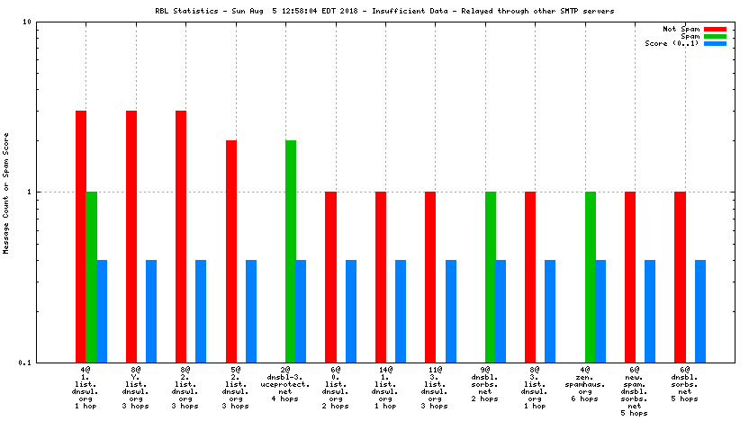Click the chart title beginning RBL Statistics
(374, 12)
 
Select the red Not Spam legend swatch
(715, 29)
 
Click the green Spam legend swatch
(715, 36)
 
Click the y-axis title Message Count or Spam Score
(6, 192)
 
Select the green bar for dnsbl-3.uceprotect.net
(291, 251)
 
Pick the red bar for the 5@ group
(231, 251)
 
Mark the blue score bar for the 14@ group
(401, 310)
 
